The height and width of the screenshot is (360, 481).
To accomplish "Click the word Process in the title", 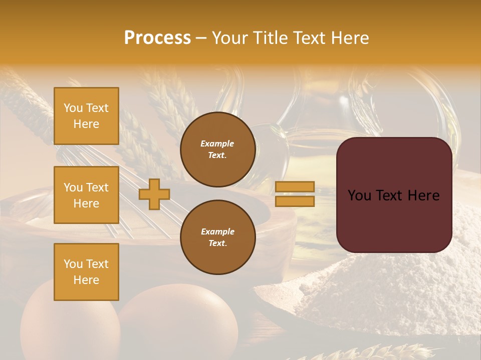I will coord(157,38).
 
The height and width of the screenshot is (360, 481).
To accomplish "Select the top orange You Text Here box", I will coord(86,116).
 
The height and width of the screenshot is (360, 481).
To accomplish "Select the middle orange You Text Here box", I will coord(86,195).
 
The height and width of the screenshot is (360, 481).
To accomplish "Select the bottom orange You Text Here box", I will coord(86,272).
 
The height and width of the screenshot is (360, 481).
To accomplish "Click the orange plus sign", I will coord(154,194).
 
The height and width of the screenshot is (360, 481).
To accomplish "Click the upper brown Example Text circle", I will coord(217,149).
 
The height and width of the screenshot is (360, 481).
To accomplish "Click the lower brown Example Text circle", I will coord(217,237).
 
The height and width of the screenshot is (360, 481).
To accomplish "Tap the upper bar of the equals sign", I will coord(295,186).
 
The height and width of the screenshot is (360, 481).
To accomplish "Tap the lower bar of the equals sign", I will coord(295,201).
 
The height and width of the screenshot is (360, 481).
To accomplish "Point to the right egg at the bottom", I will coord(180,322).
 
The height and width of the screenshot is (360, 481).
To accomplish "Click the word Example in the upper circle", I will coord(217,143).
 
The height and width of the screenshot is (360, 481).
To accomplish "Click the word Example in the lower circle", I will coord(217,231).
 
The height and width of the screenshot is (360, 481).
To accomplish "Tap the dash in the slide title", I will coord(201,38).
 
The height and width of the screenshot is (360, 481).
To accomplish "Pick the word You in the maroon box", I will coord(359,195).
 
